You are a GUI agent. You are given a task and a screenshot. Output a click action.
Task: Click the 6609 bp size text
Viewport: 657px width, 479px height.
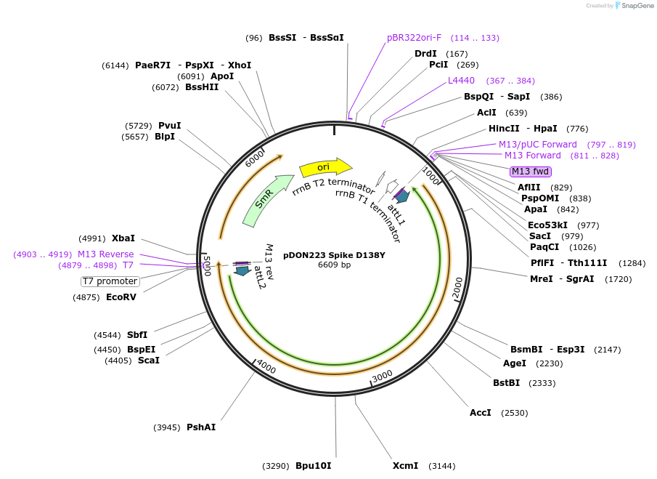[334, 265]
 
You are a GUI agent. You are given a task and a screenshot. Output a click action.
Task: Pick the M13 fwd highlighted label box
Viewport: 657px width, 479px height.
[531, 172]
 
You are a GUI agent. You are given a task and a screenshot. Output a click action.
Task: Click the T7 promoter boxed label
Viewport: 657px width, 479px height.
[110, 281]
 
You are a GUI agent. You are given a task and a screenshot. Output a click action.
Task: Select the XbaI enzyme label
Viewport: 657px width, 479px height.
[123, 238]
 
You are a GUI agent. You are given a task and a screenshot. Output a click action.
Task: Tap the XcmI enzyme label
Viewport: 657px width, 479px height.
[405, 465]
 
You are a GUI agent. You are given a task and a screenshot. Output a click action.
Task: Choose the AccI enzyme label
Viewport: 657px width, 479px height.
[480, 413]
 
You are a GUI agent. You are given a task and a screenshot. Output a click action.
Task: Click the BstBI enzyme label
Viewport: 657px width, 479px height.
[506, 382]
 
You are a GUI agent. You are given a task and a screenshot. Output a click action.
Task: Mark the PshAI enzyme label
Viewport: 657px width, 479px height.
[201, 427]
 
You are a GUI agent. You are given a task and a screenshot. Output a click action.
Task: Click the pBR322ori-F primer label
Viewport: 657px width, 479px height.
[414, 38]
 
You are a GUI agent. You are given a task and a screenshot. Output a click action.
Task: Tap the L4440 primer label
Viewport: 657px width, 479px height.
[461, 81]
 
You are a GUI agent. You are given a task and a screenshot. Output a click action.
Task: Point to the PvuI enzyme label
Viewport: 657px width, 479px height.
[169, 126]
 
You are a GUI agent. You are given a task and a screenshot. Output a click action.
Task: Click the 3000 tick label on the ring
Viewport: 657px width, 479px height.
[382, 375]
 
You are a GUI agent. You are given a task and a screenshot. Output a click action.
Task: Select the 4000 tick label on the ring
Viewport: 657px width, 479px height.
[266, 368]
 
